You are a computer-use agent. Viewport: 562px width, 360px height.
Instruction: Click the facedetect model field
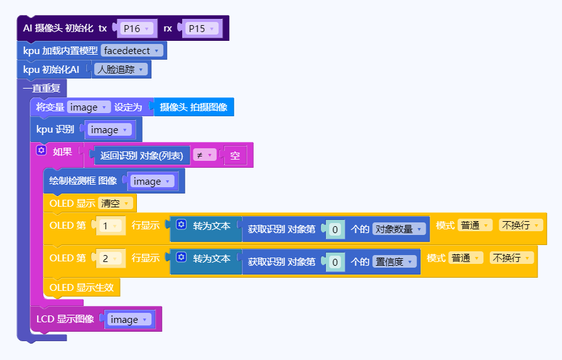(132, 50)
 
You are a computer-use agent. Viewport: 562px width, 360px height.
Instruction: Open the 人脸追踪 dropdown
(121, 69)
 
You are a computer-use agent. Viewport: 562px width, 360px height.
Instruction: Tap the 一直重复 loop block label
(42, 89)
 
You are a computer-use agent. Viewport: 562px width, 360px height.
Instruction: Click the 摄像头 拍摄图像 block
(193, 107)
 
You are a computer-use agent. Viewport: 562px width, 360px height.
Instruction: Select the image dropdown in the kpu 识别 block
(109, 130)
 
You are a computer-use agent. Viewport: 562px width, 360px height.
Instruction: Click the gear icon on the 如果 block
(41, 151)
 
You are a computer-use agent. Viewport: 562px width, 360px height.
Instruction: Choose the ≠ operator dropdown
(204, 155)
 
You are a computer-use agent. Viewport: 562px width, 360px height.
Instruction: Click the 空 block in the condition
(235, 155)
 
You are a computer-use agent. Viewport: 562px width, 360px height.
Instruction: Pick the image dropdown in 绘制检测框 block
(153, 182)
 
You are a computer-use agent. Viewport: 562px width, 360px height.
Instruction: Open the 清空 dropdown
(116, 204)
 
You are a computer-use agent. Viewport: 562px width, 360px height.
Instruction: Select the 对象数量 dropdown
(399, 229)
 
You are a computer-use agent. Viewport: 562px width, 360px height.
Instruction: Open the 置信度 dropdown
(394, 262)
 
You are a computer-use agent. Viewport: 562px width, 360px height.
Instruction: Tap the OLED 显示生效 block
(82, 288)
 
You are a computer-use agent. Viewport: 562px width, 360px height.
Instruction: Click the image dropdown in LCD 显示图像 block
(129, 320)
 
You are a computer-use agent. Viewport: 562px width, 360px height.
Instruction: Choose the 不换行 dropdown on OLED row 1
(521, 225)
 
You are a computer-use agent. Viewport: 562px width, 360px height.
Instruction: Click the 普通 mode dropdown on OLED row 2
(465, 258)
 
